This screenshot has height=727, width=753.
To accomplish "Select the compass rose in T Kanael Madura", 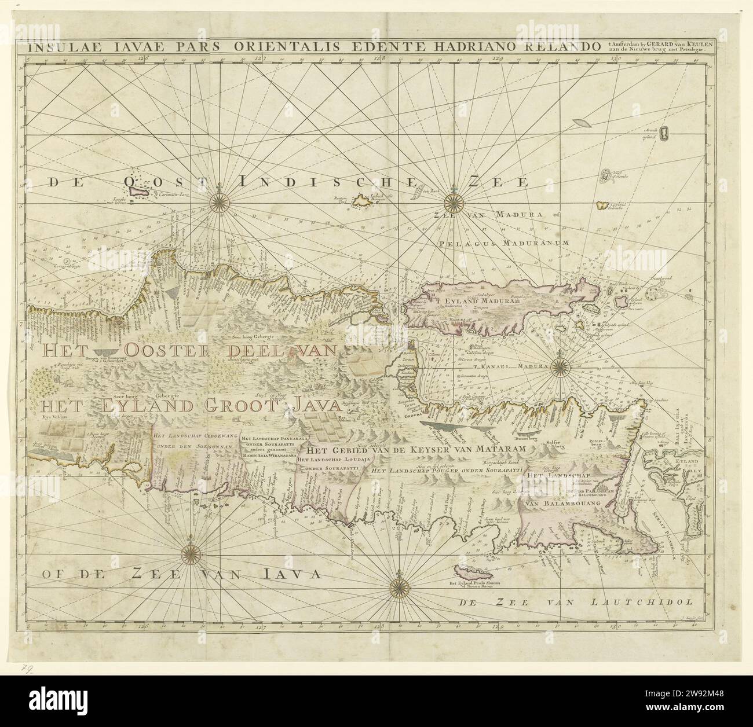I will [561, 366].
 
